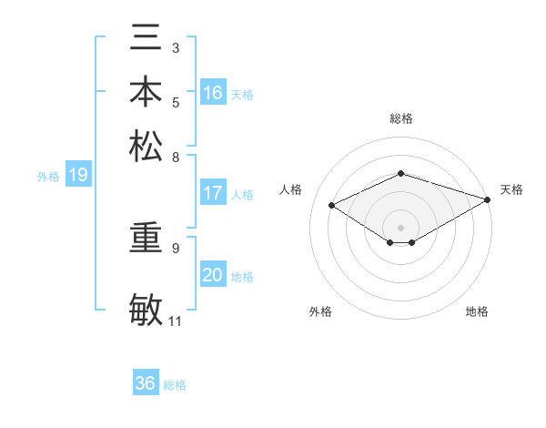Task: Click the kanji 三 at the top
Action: [147, 39]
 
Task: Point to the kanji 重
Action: [147, 238]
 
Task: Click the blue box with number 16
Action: [213, 92]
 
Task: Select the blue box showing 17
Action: [213, 193]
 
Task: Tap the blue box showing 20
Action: [213, 275]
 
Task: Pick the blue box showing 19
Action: [78, 175]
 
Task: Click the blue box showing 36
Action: [146, 383]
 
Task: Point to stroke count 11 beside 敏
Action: [175, 321]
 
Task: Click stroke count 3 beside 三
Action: [175, 47]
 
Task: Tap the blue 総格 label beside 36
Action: [175, 385]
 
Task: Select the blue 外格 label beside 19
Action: [48, 177]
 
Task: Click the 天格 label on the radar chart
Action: [511, 189]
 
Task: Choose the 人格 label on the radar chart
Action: [291, 189]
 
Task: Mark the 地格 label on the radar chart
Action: [477, 311]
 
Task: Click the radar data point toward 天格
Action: [488, 199]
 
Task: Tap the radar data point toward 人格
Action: [332, 206]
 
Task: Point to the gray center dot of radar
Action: [400, 227]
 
